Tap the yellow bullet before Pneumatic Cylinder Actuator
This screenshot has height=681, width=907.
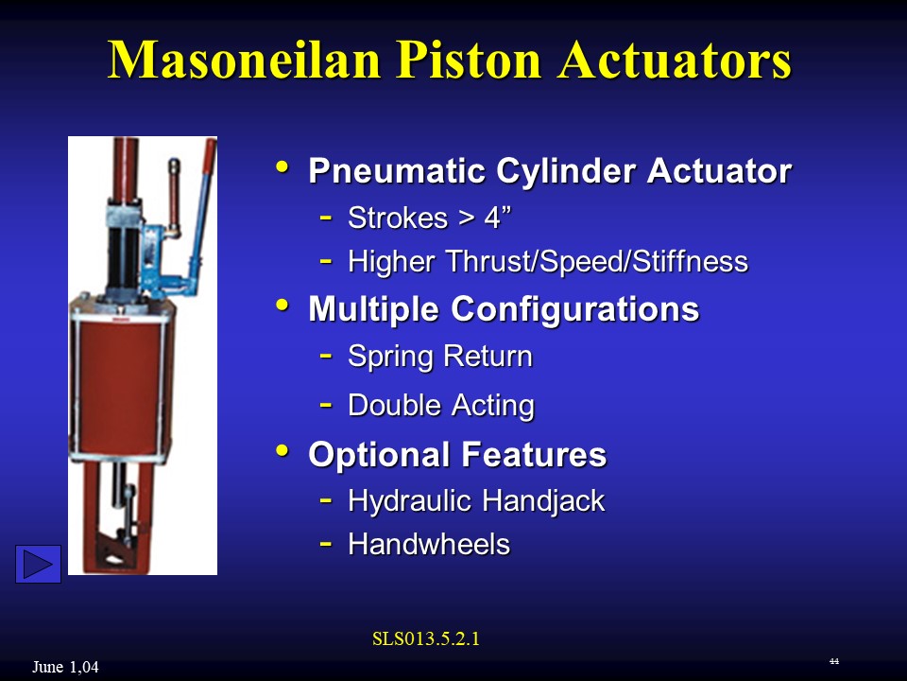[282, 168]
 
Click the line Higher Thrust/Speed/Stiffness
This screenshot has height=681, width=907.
[548, 261]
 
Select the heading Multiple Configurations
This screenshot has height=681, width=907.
[504, 309]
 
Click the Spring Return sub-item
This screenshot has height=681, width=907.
[440, 357]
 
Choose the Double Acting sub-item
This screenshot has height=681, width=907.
[441, 405]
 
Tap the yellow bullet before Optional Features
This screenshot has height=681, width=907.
[282, 452]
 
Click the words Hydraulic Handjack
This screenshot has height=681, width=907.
[476, 500]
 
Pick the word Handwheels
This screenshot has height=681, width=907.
[429, 544]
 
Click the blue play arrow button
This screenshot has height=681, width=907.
[38, 564]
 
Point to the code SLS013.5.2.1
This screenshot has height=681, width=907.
[426, 638]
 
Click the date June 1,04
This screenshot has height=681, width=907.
[65, 668]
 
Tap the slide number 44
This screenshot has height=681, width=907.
[833, 660]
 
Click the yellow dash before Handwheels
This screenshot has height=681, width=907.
[325, 544]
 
